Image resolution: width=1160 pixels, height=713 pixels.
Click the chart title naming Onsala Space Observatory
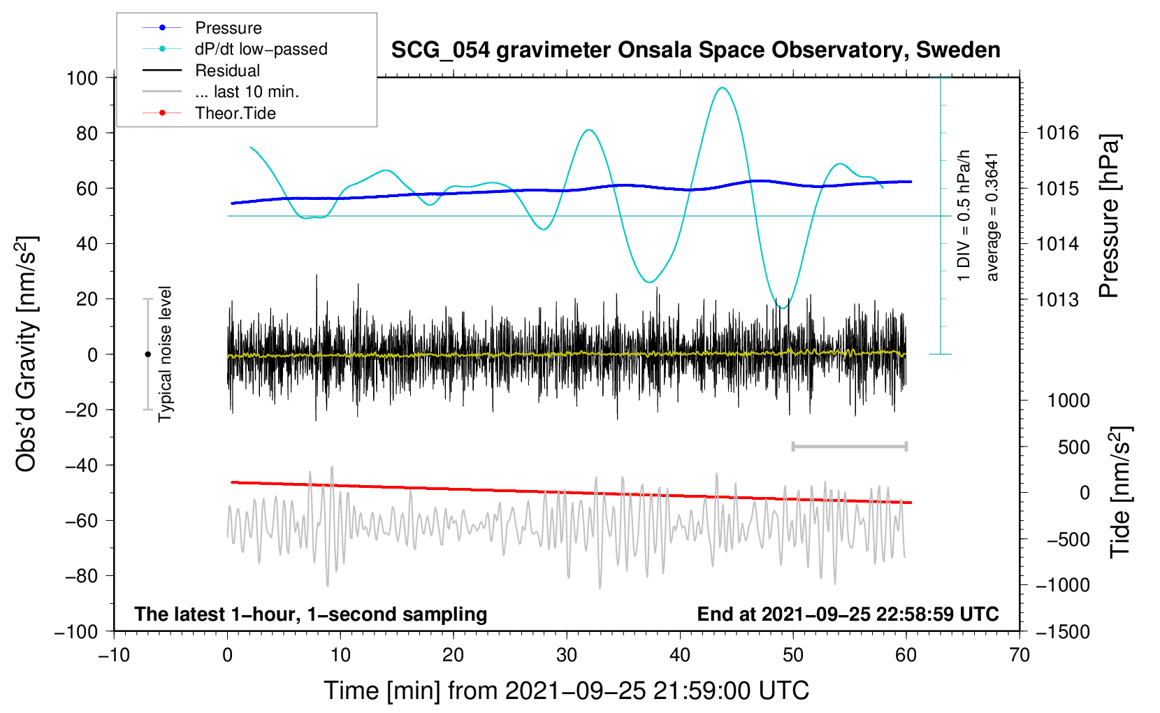[695, 50]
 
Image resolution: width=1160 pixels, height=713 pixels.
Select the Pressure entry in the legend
[228, 28]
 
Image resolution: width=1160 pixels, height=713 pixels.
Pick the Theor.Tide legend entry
[235, 113]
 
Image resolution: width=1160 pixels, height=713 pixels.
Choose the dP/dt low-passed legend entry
[261, 49]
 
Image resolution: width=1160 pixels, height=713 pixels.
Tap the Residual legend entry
[227, 71]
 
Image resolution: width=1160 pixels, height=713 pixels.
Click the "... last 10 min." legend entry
[247, 92]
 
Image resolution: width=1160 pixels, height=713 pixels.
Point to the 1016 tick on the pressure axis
[1057, 133]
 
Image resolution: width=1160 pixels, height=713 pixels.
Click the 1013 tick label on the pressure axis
[1057, 300]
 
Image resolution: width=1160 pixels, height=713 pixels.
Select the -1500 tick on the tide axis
[1062, 631]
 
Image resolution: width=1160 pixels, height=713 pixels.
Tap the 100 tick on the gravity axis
[82, 78]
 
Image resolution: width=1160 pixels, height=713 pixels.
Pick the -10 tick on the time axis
[114, 655]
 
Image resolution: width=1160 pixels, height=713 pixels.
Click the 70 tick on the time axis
[1020, 655]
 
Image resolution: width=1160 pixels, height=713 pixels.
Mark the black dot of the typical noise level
[147, 354]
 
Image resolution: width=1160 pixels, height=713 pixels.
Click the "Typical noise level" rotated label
[165, 354]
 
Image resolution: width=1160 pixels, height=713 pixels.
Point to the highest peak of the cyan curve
[723, 88]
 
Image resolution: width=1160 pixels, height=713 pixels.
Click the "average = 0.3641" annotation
[992, 217]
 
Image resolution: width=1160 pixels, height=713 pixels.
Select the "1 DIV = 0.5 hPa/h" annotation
[964, 215]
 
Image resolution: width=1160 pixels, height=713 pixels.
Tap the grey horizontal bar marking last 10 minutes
[849, 446]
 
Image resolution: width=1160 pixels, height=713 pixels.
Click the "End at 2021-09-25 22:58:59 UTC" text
[848, 614]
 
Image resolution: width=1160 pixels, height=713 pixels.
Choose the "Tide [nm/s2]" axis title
[1120, 492]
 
